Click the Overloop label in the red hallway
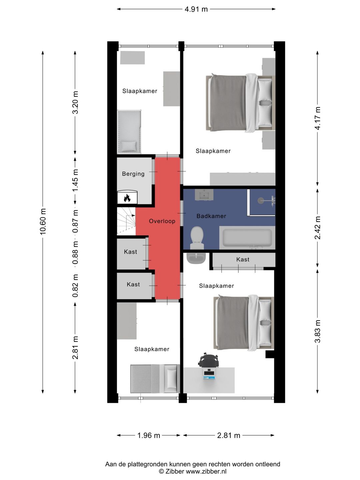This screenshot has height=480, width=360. point(162,221)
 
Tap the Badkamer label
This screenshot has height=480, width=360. point(211,216)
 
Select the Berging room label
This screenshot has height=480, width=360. point(133,174)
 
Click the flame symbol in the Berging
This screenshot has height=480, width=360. point(127,198)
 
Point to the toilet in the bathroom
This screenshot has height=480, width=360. point(197,238)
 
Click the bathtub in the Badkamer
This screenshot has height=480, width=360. point(247,238)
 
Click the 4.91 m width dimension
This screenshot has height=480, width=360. point(196,9)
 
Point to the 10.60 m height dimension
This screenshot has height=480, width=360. point(43,222)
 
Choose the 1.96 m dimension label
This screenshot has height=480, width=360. point(149,435)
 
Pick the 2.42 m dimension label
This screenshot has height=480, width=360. point(317,228)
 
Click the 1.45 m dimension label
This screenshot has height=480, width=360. point(75,180)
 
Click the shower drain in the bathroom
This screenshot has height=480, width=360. point(261,200)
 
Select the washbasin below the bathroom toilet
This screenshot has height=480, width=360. point(196,258)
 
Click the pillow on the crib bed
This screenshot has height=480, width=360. point(128,146)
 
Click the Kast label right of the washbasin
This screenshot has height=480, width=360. point(243,259)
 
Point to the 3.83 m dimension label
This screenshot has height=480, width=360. point(317,331)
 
